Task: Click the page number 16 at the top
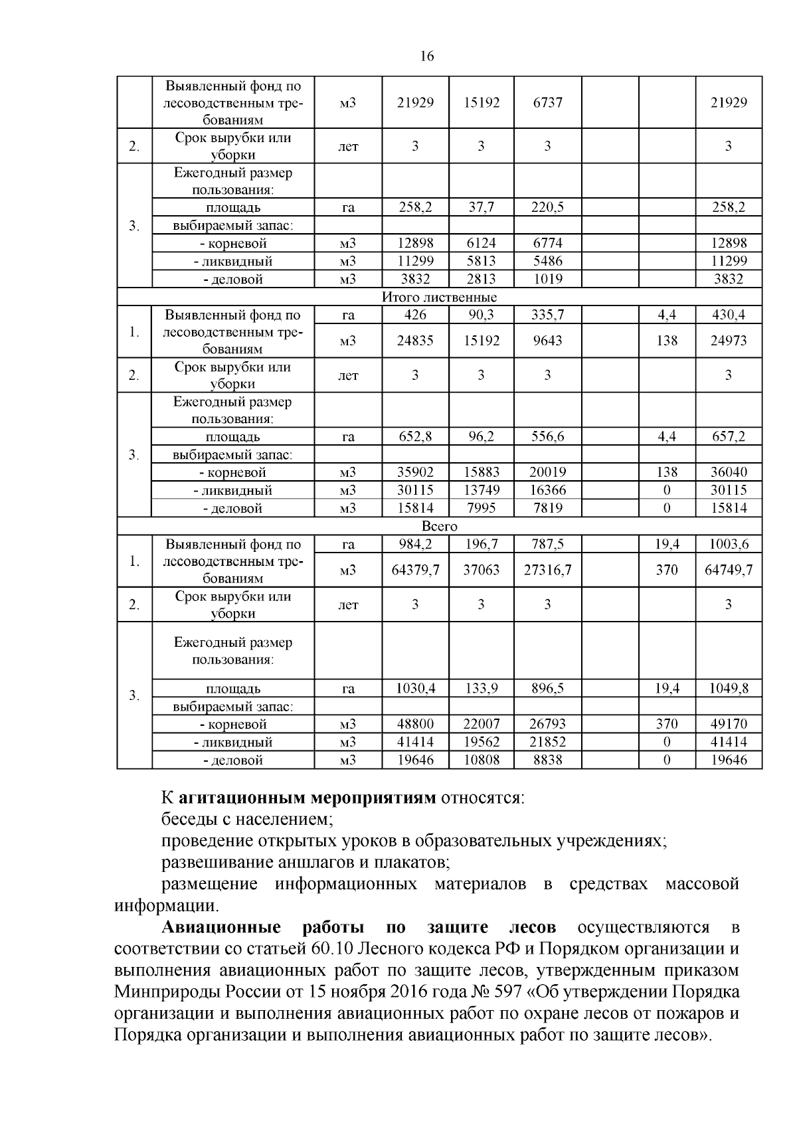427,56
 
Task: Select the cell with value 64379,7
415,570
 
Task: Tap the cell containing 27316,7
547,570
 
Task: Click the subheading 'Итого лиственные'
439,297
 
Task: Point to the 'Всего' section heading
439,526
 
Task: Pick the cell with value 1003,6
729,544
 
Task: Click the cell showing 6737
547,102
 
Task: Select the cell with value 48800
415,724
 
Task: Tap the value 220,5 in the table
547,207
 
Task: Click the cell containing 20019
547,472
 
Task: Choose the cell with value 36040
729,472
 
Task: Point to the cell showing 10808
481,760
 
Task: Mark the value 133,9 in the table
481,689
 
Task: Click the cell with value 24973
729,341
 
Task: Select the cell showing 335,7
547,315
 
